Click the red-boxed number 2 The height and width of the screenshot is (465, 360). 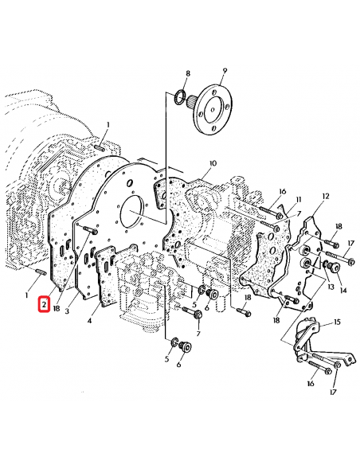(x=45, y=303)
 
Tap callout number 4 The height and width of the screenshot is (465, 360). (x=89, y=321)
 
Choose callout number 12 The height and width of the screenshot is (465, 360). (x=325, y=195)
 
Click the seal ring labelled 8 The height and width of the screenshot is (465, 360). (x=182, y=98)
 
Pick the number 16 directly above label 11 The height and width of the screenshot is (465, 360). (x=282, y=191)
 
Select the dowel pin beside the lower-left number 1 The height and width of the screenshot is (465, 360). (x=40, y=275)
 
